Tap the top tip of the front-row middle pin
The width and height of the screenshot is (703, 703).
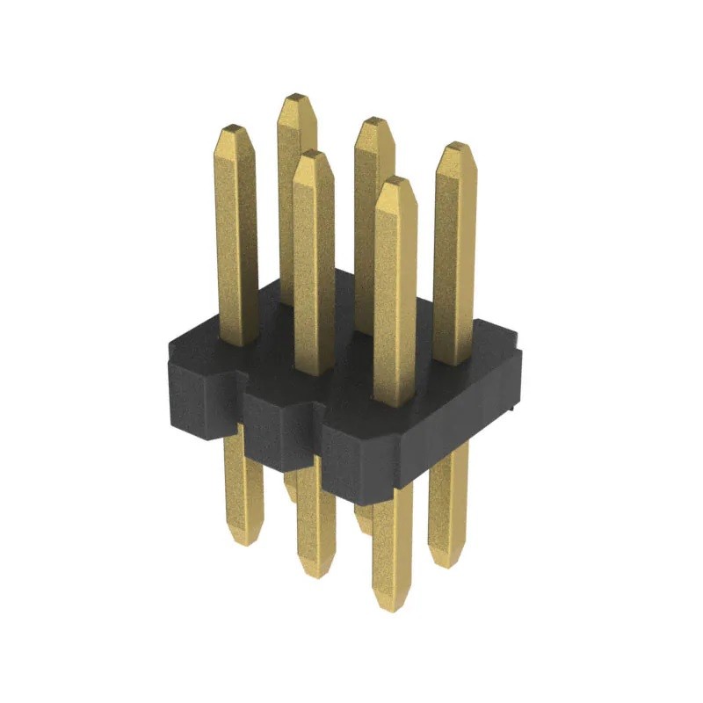[x=313, y=154]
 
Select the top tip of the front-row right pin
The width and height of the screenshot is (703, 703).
[x=393, y=180]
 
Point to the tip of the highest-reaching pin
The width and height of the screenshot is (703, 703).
[x=296, y=95]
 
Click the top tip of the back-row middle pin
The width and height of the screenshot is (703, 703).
[x=374, y=120]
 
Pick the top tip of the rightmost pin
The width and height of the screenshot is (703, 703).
[x=454, y=147]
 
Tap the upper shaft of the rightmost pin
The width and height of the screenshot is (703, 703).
[x=454, y=255]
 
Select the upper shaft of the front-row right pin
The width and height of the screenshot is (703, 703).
[x=394, y=290]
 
